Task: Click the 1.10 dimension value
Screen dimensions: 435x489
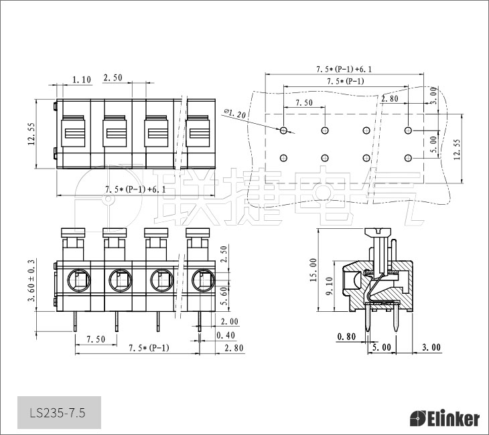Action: (81, 80)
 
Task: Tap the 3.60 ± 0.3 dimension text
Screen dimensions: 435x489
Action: (31, 280)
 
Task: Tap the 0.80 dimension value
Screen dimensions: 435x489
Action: (346, 337)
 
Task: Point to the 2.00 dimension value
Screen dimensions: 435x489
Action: (228, 322)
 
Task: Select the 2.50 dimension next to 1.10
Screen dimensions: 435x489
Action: (113, 78)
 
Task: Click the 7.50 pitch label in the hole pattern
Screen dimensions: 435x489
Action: (304, 103)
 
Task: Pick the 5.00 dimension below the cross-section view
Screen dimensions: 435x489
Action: (382, 347)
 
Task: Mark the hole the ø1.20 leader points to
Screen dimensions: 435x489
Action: (284, 130)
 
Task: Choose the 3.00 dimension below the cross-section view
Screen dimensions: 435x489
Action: (431, 347)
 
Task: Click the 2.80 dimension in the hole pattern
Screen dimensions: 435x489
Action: (390, 99)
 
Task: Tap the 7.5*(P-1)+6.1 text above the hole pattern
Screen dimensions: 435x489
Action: (344, 69)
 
